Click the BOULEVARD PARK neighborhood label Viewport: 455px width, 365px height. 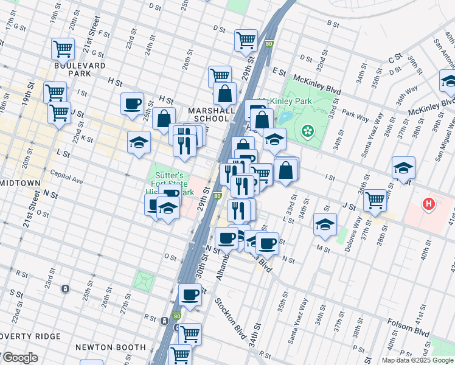80,69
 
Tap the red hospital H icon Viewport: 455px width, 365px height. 429,204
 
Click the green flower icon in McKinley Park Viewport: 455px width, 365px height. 308,130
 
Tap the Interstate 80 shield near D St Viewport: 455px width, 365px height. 269,44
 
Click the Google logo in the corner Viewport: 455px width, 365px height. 19,358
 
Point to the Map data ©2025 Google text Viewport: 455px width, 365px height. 417,360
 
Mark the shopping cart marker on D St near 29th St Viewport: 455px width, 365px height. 246,40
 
